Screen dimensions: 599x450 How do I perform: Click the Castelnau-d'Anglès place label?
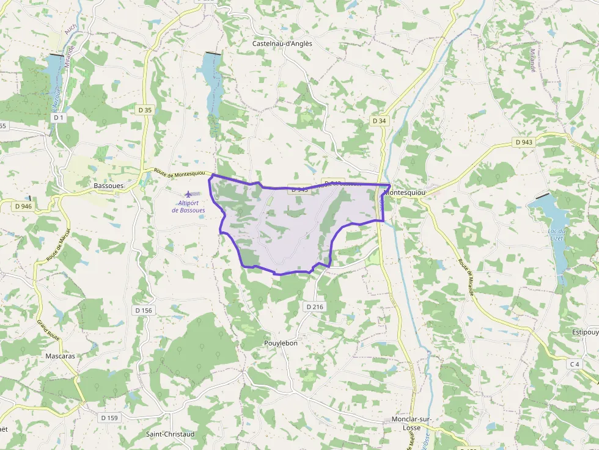[x=282, y=43]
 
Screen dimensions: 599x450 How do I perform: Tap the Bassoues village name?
[x=109, y=185]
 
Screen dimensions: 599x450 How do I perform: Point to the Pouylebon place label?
[x=281, y=343]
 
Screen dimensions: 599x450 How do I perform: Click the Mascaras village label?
[x=61, y=355]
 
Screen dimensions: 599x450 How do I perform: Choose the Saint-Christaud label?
[x=170, y=434]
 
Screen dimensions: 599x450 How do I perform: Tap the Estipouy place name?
[x=585, y=333]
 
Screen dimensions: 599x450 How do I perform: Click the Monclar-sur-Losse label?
[x=413, y=424]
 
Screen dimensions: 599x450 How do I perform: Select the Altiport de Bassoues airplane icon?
[x=188, y=194]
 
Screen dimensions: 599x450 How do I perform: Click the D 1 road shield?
[x=59, y=117]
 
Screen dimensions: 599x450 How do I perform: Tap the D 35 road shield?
[x=145, y=110]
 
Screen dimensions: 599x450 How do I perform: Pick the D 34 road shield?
[x=380, y=121]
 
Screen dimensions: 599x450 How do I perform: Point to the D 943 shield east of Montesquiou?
[x=524, y=142]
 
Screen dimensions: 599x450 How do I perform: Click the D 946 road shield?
[x=23, y=206]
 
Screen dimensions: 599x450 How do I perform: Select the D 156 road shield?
[x=143, y=310]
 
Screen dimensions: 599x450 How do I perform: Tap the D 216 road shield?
[x=314, y=306]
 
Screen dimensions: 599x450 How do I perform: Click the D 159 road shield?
[x=109, y=418]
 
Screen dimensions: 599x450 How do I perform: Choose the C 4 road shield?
[x=574, y=365]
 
